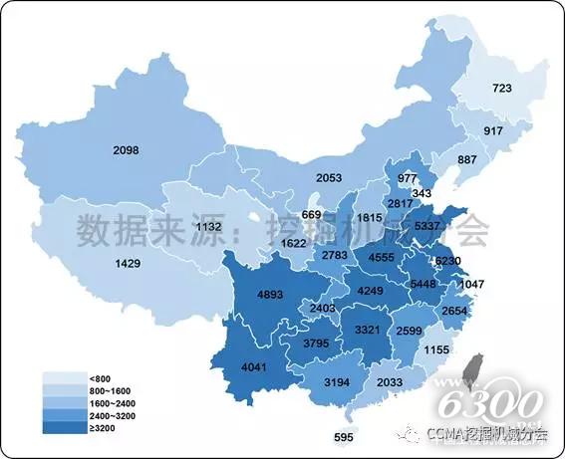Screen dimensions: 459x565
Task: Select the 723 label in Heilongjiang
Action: click(501, 90)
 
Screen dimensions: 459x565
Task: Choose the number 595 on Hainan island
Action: click(345, 438)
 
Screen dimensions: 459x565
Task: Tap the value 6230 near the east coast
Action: click(449, 262)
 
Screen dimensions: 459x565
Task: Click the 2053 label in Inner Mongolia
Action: click(302, 177)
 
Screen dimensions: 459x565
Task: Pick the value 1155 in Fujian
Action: click(434, 350)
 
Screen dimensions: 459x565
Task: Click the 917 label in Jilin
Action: click(493, 132)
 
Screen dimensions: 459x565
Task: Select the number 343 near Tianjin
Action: click(422, 192)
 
